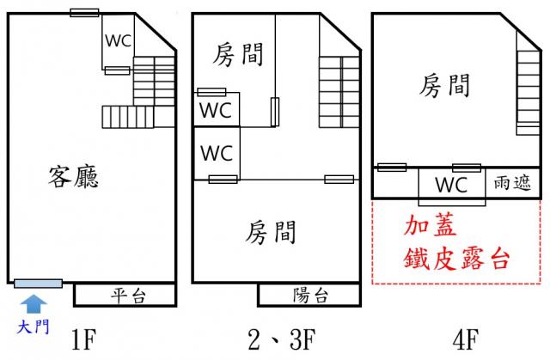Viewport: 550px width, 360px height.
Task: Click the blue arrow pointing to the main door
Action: (34, 303)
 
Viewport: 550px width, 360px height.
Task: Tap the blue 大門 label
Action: (33, 327)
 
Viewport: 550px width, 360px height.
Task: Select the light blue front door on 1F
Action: (38, 284)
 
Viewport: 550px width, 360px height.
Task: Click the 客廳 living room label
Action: (73, 177)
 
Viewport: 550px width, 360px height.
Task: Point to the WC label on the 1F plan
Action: (119, 40)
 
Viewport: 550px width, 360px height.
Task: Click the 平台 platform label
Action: (128, 296)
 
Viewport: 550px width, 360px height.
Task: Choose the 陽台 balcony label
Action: (310, 296)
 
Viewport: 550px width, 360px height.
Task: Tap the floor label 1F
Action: (83, 339)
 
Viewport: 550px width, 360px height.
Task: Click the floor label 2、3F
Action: (282, 339)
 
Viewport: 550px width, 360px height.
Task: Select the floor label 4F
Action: (466, 339)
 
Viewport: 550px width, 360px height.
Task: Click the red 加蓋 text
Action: (430, 225)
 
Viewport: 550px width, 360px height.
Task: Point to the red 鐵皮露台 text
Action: (456, 259)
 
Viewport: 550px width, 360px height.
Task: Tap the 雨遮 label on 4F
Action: (512, 183)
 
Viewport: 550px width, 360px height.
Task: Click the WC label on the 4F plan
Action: (451, 185)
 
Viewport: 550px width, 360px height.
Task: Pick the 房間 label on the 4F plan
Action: (445, 86)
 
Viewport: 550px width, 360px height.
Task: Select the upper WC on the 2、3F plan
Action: (216, 110)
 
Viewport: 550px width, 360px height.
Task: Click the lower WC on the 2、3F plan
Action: (217, 153)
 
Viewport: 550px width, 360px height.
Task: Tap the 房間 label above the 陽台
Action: (271, 232)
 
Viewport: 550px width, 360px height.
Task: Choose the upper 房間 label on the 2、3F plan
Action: (238, 55)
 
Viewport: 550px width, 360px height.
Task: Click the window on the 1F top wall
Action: (84, 13)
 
